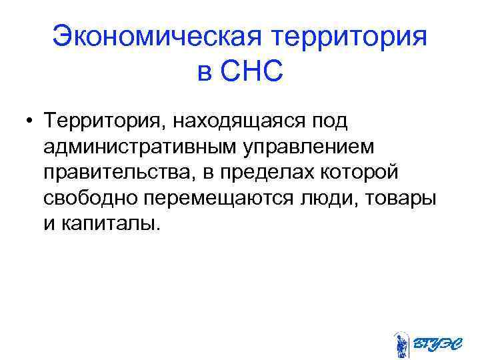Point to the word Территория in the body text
96,122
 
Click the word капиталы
113,223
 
